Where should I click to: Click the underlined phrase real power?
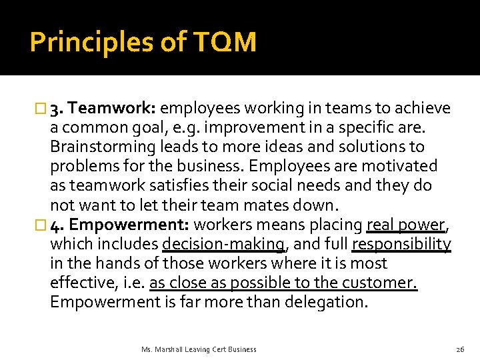[x=406, y=225]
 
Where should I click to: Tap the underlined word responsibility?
[x=401, y=245]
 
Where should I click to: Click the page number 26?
[x=459, y=349]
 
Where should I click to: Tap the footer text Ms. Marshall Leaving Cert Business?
[x=199, y=349]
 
